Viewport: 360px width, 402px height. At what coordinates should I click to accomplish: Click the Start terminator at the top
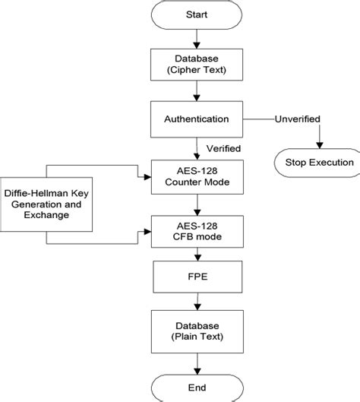tap(197, 14)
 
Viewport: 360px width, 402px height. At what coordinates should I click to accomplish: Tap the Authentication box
tap(197, 119)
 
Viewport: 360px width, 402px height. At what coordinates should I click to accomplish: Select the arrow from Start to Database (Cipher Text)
tap(197, 37)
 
